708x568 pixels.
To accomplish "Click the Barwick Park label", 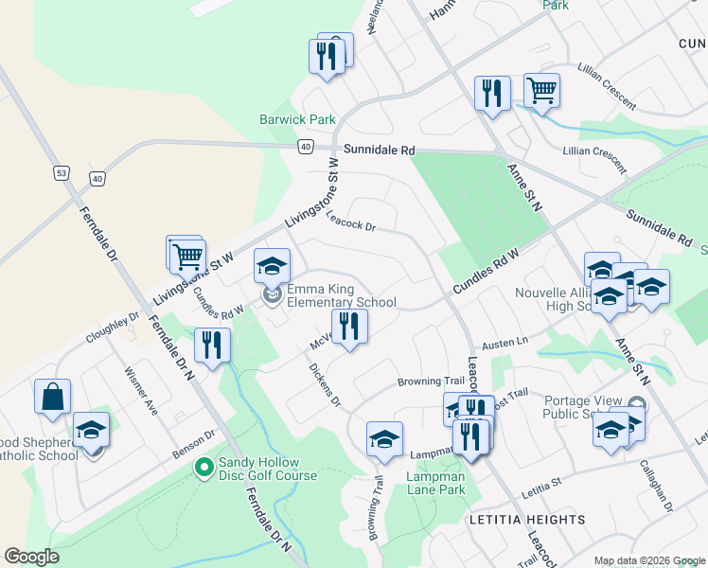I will (x=298, y=120).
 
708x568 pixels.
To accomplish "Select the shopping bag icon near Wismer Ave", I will (x=52, y=397).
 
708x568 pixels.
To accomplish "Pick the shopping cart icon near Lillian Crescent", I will (x=541, y=91).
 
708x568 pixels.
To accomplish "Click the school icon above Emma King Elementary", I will (x=272, y=266).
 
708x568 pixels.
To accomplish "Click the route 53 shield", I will (x=61, y=173).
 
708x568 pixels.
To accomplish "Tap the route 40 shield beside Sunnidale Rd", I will (x=304, y=147).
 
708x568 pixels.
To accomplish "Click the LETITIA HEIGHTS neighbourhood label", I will (x=526, y=520).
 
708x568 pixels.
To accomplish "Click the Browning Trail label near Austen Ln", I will (x=431, y=382).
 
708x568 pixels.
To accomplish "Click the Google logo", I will (x=32, y=557).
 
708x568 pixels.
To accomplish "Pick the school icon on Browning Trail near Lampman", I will (x=384, y=439).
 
